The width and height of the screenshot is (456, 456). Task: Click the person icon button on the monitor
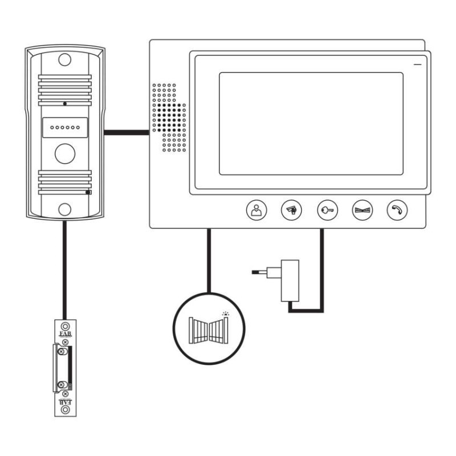click(x=255, y=210)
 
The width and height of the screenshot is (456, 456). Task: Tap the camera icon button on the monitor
click(x=290, y=210)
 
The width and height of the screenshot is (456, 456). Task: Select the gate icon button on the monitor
click(x=361, y=210)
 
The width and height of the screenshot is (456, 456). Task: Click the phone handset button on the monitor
click(x=396, y=210)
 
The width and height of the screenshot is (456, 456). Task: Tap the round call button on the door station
click(x=64, y=153)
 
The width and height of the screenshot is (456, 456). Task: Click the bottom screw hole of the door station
click(x=64, y=209)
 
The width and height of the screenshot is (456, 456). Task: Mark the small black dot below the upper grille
click(x=65, y=104)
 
